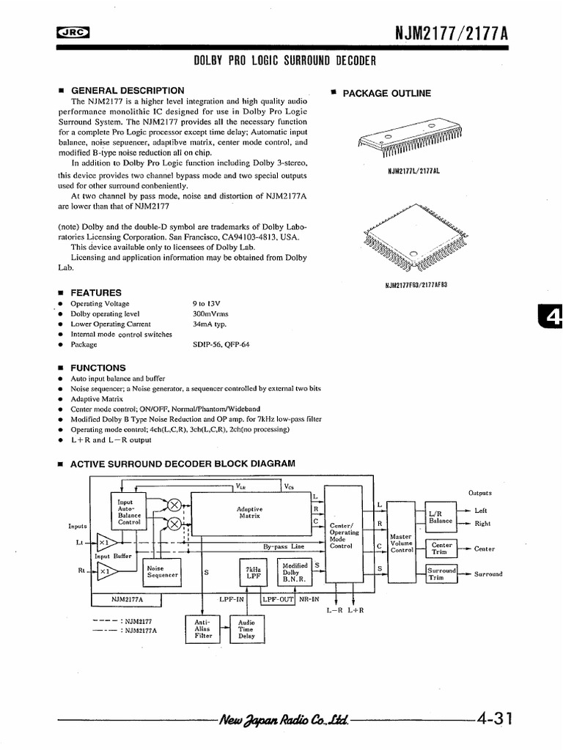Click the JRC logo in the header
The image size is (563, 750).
coord(71,32)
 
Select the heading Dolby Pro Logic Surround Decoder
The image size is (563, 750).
coord(284,62)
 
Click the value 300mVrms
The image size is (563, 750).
coord(210,313)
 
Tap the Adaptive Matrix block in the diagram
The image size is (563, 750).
coord(250,512)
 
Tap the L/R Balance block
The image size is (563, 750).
coord(441,516)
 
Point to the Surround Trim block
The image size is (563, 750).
coord(441,573)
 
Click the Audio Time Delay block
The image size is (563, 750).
coord(246,629)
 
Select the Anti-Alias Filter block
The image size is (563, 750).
coord(202,629)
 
